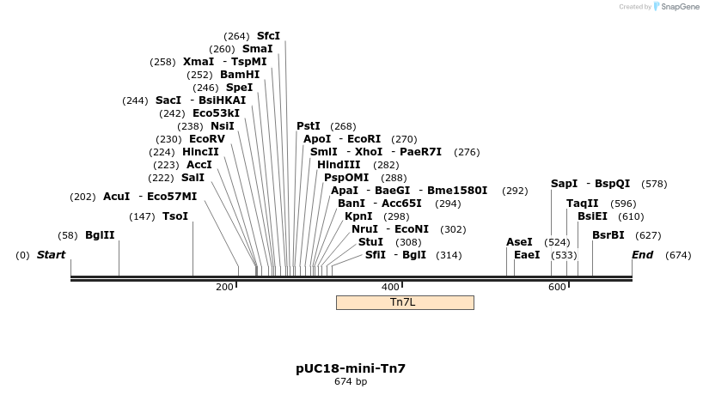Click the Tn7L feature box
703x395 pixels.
point(404,302)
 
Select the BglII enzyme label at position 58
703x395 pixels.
point(100,235)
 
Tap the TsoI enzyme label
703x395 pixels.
point(175,216)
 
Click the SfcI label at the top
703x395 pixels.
point(268,36)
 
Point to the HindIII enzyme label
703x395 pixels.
point(339,165)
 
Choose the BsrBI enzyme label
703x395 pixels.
point(608,235)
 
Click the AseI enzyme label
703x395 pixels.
point(519,242)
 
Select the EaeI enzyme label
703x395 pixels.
point(527,255)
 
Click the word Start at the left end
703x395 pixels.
point(52,255)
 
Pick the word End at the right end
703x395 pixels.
point(643,255)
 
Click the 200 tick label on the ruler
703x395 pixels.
point(224,287)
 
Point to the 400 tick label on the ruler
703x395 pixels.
point(390,287)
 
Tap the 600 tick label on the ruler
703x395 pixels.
point(556,287)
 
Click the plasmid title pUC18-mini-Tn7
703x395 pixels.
point(351,368)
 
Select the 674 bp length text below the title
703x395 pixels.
point(351,382)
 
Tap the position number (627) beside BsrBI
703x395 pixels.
point(648,235)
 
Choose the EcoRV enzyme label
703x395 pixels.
point(207,139)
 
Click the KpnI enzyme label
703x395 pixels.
point(358,216)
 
